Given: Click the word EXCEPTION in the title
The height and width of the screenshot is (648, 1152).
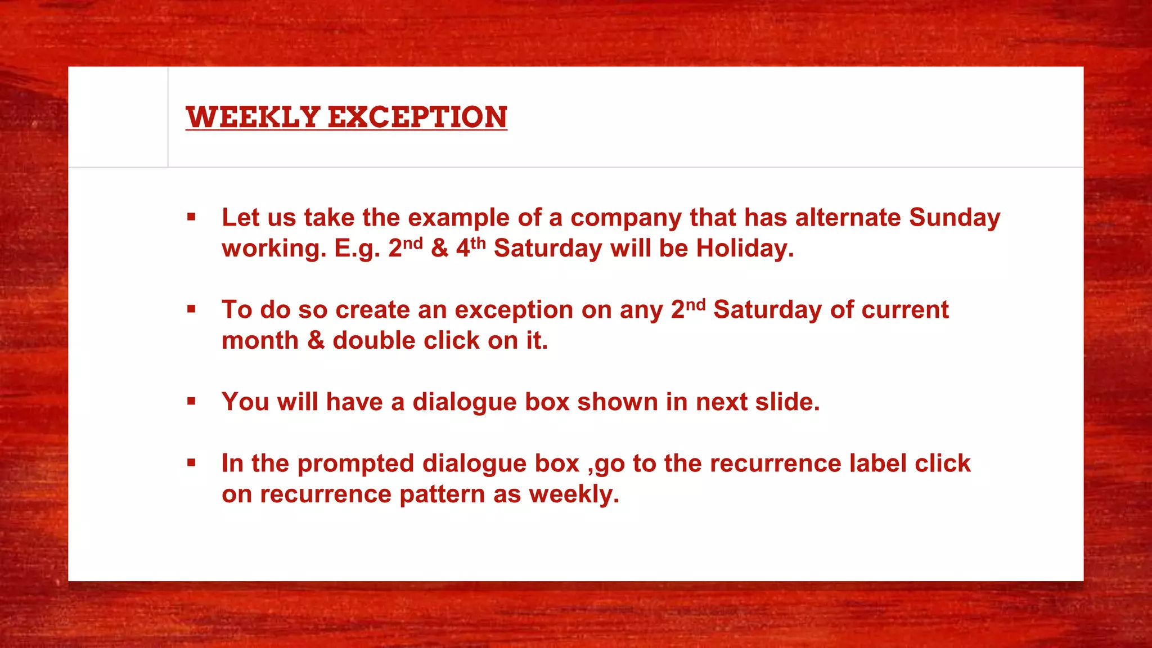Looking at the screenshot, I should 417,117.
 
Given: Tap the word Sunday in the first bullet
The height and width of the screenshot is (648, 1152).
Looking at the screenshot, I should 954,218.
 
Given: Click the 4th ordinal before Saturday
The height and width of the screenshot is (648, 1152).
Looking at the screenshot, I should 470,248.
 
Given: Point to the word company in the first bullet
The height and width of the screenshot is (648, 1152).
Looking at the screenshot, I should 625,218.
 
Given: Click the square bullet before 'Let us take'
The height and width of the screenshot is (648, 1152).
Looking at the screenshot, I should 191,217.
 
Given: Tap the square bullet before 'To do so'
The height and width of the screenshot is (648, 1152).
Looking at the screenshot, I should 191,309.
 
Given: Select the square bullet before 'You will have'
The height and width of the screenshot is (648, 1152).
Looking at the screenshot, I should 191,401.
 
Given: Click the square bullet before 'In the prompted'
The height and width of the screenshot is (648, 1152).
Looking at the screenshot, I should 191,463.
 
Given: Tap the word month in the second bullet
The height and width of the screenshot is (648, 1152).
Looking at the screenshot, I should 260,340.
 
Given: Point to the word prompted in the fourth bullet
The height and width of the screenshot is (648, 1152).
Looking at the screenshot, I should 355,463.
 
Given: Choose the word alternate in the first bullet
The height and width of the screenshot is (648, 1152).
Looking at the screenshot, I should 848,218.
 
